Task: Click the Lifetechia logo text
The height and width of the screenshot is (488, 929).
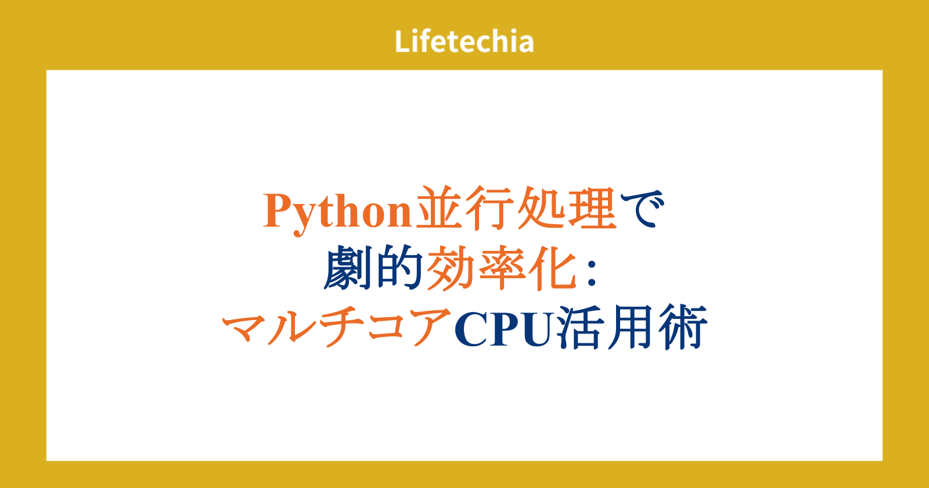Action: pos(464,41)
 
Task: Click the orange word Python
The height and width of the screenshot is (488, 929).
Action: pos(337,211)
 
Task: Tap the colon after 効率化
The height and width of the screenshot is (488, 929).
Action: pos(592,274)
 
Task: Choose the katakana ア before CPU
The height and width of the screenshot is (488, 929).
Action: pos(431,328)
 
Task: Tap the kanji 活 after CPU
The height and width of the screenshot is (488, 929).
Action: pos(579,326)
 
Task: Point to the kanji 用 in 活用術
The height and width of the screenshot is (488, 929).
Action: pos(631,327)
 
